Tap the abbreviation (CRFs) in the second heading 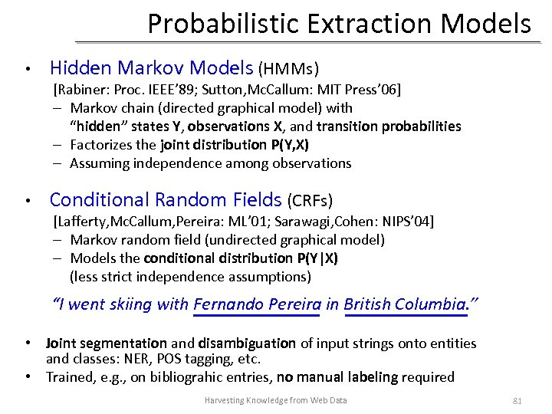tap(310, 202)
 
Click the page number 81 tap(517, 400)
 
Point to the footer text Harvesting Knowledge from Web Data tap(275, 400)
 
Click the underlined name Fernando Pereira tap(257, 304)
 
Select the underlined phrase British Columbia tap(406, 304)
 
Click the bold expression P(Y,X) tap(289, 145)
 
